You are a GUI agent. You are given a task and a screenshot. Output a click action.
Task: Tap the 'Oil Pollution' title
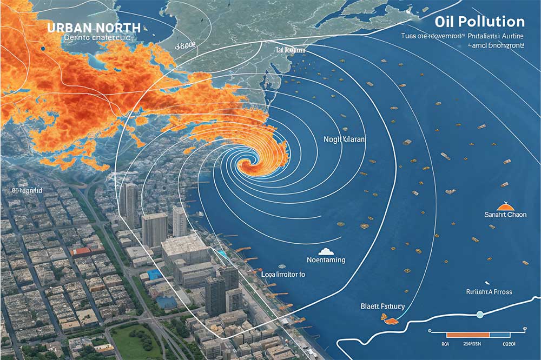click(x=479, y=22)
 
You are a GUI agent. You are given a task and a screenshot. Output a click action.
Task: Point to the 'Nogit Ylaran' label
click(x=344, y=139)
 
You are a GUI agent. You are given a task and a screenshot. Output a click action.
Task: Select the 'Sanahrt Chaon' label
click(x=505, y=215)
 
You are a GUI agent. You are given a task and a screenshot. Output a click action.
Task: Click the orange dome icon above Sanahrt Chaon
click(x=504, y=205)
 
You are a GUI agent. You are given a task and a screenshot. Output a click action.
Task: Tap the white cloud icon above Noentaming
click(x=326, y=251)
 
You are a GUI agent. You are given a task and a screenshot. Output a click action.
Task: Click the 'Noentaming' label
click(x=326, y=260)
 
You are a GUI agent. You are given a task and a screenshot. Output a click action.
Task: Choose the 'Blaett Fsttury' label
click(x=382, y=306)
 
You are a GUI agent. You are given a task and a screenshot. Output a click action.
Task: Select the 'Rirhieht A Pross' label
click(x=489, y=292)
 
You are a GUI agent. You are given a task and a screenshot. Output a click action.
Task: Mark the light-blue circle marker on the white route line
click(x=479, y=315)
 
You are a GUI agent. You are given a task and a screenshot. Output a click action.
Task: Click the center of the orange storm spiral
click(x=250, y=164)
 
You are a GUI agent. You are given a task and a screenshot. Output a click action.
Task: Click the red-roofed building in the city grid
click(x=81, y=251)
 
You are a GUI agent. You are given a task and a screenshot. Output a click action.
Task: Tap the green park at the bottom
click(x=135, y=341)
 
